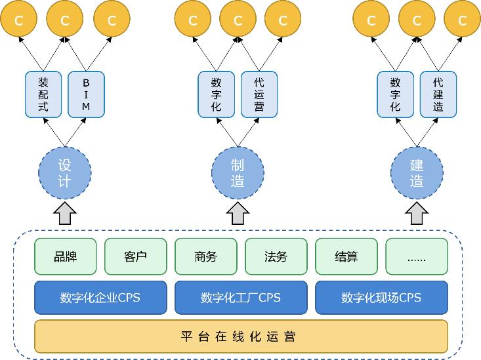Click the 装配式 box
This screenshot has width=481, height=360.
click(x=43, y=94)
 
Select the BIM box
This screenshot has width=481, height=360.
click(x=86, y=94)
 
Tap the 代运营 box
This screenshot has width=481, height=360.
click(x=259, y=94)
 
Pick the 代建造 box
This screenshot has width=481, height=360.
click(x=438, y=94)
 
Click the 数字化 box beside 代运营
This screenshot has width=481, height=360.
click(x=217, y=94)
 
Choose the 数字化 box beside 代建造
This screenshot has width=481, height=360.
click(x=396, y=94)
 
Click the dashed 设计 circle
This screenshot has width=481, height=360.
click(x=64, y=172)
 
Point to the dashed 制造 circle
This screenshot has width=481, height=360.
click(x=238, y=172)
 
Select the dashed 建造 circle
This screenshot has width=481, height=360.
click(x=417, y=172)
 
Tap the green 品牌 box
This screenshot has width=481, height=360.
click(x=65, y=256)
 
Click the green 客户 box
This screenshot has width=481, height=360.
click(x=135, y=256)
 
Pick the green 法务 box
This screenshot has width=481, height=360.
click(x=276, y=256)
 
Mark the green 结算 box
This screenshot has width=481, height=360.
click(x=346, y=256)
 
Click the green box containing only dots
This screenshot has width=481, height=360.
click(x=417, y=256)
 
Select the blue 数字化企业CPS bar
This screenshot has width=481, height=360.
click(x=100, y=298)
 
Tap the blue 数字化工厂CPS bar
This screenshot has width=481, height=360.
click(x=241, y=298)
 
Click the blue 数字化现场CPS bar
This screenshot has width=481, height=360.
click(x=381, y=298)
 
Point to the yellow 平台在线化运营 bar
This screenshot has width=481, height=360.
click(x=241, y=337)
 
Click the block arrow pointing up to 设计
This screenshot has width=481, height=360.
click(x=64, y=213)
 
